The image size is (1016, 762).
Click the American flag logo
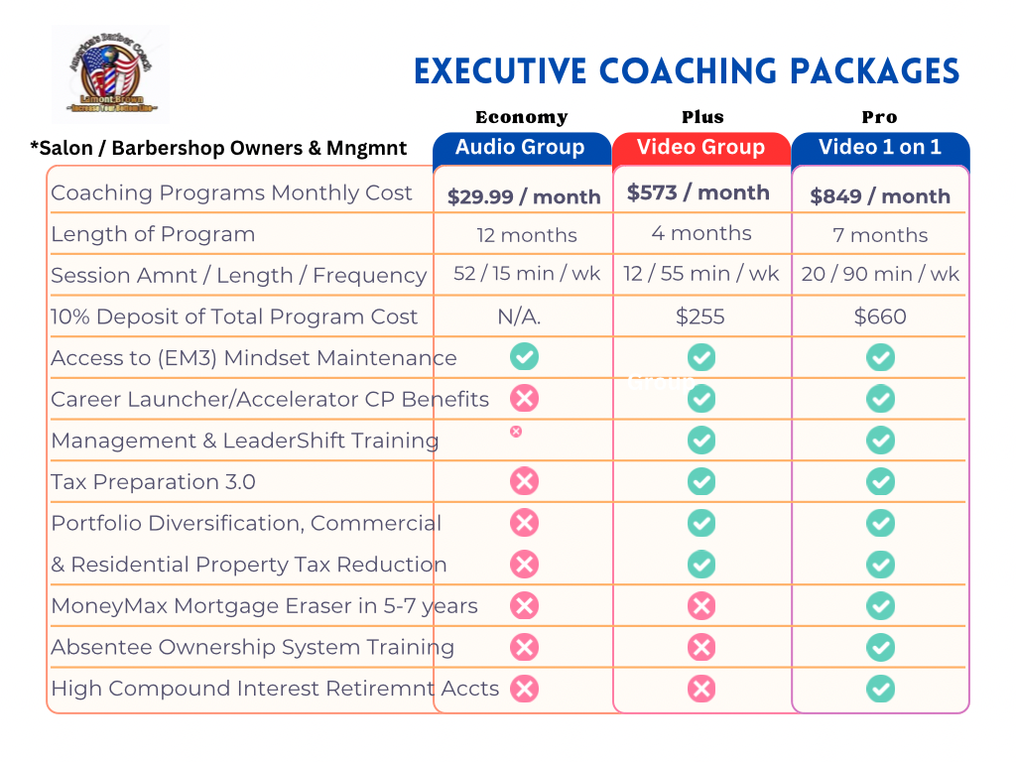point(110,75)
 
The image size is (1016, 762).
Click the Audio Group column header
point(521,148)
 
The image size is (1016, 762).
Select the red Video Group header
point(700,148)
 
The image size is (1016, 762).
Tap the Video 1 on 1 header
point(879,148)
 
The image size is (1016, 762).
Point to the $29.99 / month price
point(524,196)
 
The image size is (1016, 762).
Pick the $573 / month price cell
point(698,192)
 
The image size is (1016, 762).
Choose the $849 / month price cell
point(880,196)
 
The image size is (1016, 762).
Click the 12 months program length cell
point(526,235)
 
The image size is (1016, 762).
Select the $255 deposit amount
point(700,317)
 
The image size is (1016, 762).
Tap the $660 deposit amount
point(880,317)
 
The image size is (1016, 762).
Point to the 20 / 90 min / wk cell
point(880,275)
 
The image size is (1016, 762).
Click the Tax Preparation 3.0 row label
point(153,482)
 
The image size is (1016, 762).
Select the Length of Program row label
point(153,234)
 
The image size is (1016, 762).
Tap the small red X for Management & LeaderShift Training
point(516,431)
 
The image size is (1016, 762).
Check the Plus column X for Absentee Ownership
point(701,648)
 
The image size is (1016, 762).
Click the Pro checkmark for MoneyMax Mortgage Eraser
point(880,605)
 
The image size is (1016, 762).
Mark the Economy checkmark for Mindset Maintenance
point(524,357)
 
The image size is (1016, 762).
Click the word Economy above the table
point(521,117)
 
